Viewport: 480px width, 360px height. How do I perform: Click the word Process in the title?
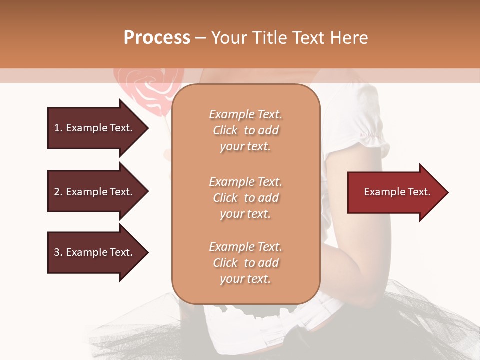(x=157, y=38)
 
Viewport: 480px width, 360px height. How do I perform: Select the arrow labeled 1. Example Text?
(x=95, y=128)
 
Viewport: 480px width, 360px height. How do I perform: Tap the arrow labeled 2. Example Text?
(x=95, y=192)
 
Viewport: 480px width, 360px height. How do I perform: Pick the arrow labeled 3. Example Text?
(x=95, y=252)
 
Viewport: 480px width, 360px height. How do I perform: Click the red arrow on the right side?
(x=395, y=192)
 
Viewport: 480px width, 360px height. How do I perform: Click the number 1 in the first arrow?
(x=57, y=128)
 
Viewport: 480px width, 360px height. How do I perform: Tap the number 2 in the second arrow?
(x=57, y=192)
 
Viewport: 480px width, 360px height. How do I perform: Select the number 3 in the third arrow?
(x=57, y=252)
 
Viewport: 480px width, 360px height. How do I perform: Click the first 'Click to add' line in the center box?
(x=245, y=130)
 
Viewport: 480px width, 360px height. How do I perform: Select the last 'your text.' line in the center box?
(x=245, y=279)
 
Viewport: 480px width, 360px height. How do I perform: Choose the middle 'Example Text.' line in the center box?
(x=245, y=182)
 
